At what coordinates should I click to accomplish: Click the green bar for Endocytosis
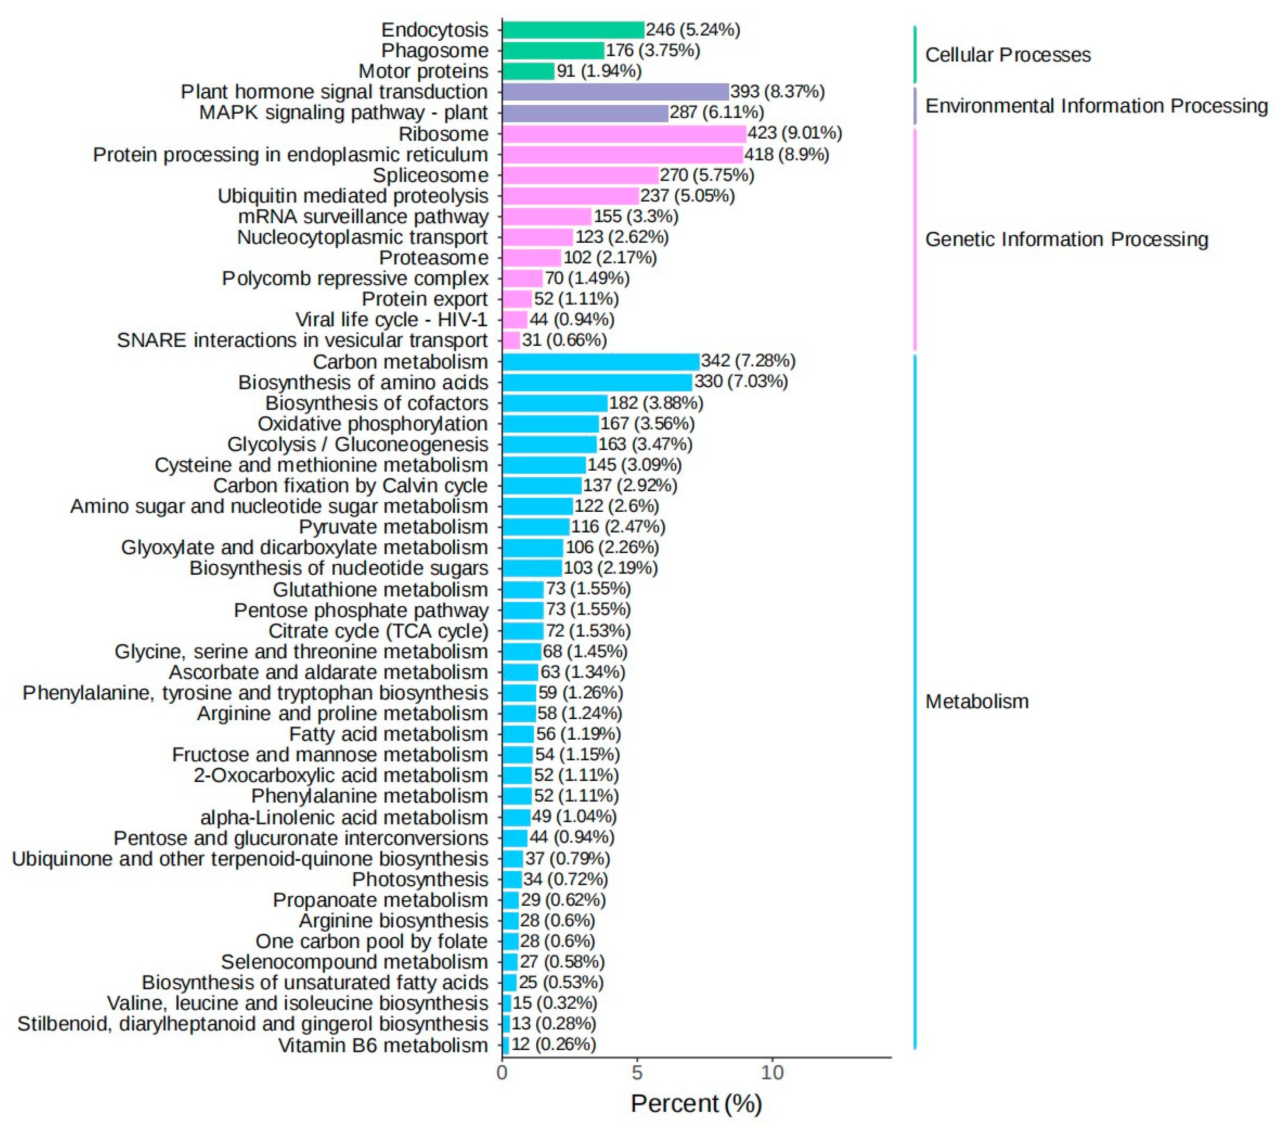tap(573, 29)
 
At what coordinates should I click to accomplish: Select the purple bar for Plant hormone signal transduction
tap(615, 92)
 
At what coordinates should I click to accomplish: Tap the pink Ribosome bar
tap(624, 134)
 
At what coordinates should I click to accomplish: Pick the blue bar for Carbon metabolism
tap(601, 362)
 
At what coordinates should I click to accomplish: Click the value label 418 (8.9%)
tap(786, 154)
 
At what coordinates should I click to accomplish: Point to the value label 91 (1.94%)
tap(599, 71)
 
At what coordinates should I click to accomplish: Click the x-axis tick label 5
tap(637, 1073)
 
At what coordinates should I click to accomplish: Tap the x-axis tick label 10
tap(772, 1073)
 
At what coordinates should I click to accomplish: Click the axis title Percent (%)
tap(696, 1104)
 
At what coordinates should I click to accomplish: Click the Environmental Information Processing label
tap(1096, 106)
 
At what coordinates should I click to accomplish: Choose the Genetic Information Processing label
tap(1066, 239)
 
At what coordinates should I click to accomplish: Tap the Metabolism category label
tap(977, 702)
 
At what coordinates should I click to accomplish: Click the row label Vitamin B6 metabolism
tap(383, 1045)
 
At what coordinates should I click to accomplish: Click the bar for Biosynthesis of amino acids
tap(597, 382)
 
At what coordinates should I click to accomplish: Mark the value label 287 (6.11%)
tap(716, 113)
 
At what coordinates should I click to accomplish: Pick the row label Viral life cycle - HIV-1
tap(391, 320)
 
